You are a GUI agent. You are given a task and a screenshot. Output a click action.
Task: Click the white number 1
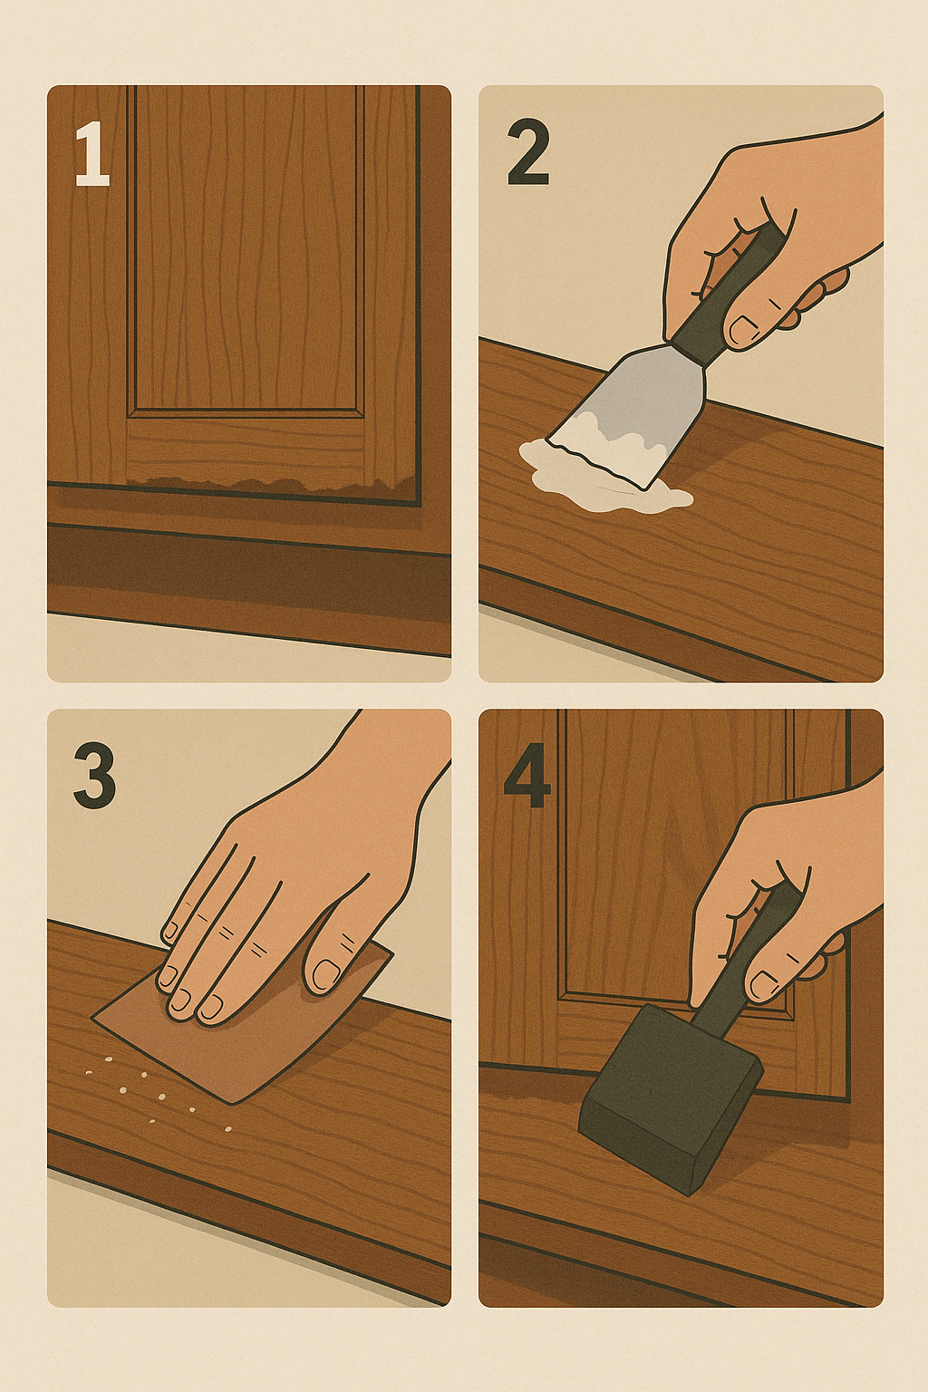(92, 154)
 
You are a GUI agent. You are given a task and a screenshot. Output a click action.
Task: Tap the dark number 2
(528, 153)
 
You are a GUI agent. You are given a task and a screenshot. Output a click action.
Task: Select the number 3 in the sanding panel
(94, 776)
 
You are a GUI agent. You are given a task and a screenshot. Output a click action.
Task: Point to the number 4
(527, 776)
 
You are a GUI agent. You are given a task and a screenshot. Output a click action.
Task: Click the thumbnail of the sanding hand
(325, 974)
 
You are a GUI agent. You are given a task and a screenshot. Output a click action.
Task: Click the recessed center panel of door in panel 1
(246, 248)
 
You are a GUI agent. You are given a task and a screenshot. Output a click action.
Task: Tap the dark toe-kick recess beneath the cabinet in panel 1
(248, 566)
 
